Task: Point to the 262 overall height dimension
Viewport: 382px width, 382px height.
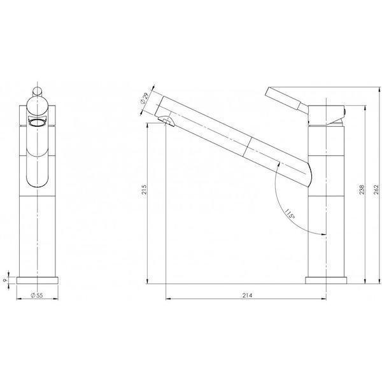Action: click(x=376, y=189)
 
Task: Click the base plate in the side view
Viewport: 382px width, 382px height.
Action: click(x=327, y=279)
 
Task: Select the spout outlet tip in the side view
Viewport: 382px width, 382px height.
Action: click(x=164, y=120)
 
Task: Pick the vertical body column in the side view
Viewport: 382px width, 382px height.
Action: click(x=327, y=204)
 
